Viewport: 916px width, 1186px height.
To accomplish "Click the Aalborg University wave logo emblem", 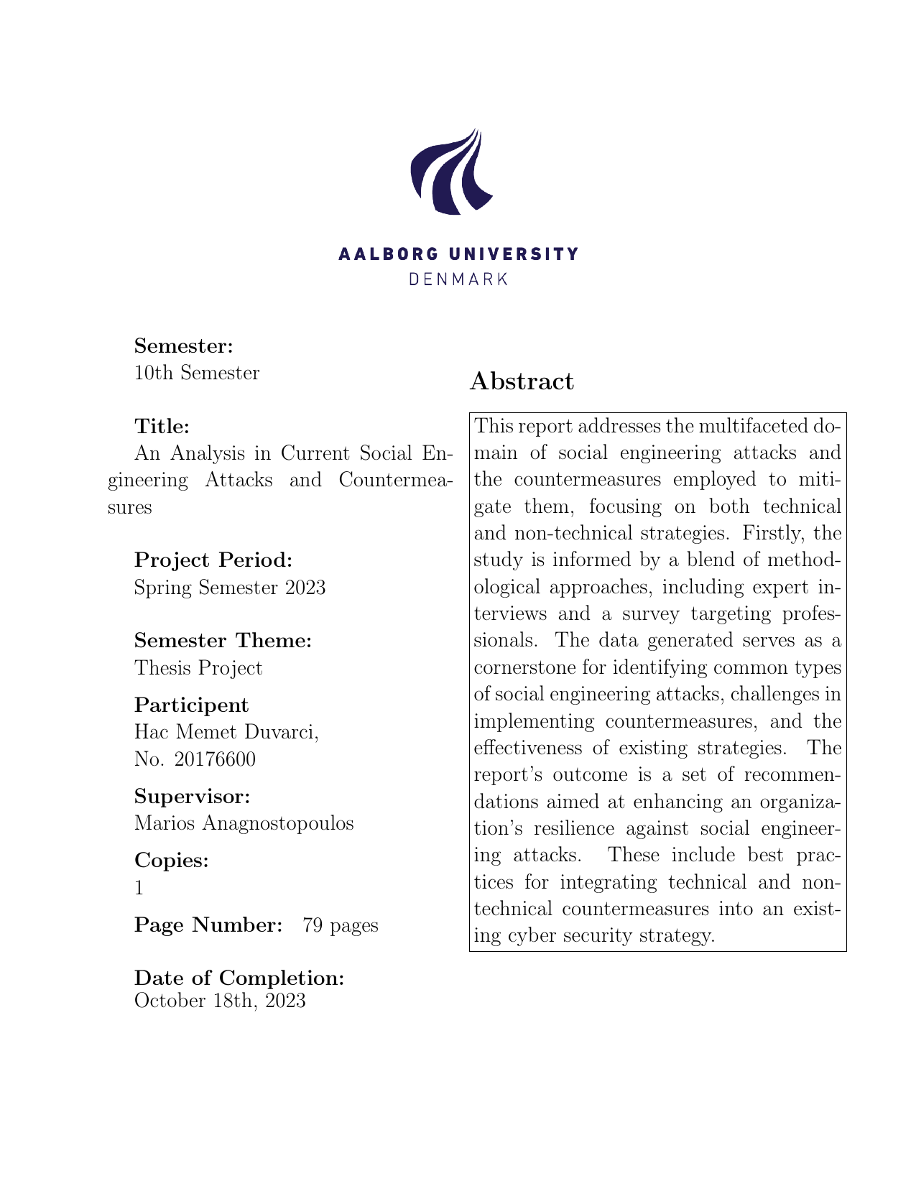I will (450, 172).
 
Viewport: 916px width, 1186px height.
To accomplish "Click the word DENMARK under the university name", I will (458, 279).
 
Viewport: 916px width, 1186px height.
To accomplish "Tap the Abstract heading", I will (522, 381).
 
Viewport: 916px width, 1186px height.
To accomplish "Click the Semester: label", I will (184, 346).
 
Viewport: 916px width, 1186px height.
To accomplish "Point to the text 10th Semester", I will (197, 373).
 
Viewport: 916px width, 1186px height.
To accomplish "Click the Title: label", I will (162, 427).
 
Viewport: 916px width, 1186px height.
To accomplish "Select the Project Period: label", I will (213, 560).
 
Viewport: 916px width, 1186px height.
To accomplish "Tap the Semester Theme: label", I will (223, 641).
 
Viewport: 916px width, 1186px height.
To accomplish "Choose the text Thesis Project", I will (198, 668).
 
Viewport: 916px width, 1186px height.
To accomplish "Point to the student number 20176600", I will (215, 759).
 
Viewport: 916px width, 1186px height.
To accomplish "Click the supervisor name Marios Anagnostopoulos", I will (244, 823).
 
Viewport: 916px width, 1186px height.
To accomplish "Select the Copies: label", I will (172, 861).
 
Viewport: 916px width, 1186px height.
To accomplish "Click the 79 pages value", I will (341, 925).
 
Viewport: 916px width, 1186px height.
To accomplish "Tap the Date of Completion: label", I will (239, 978).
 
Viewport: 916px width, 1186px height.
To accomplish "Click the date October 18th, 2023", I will (220, 1001).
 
